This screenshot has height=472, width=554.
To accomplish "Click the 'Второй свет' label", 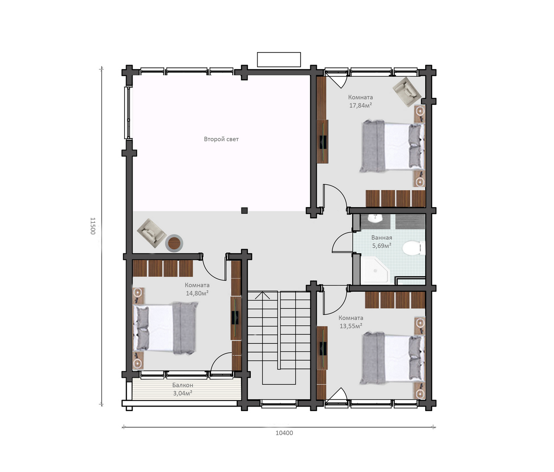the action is click(221, 139).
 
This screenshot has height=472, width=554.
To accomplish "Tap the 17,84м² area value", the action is click(361, 106).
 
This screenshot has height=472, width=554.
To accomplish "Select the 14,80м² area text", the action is click(197, 293).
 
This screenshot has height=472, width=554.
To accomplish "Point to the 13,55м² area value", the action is click(351, 326).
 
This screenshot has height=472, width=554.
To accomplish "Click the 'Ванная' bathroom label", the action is click(382, 238).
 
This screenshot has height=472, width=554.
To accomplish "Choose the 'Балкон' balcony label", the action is click(182, 385).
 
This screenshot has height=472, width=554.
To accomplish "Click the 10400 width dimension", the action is click(284, 433).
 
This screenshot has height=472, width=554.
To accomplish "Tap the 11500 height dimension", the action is click(92, 226).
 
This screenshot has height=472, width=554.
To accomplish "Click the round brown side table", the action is click(174, 243).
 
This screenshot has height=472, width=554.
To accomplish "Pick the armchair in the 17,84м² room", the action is click(407, 92).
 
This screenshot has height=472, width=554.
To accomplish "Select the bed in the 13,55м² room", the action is click(393, 358).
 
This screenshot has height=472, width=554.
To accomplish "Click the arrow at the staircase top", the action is click(263, 295).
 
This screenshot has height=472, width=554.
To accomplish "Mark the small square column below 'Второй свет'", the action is click(244, 210).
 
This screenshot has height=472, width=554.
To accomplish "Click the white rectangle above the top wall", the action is click(279, 60).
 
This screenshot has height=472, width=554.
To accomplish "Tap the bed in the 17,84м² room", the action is click(393, 146).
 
